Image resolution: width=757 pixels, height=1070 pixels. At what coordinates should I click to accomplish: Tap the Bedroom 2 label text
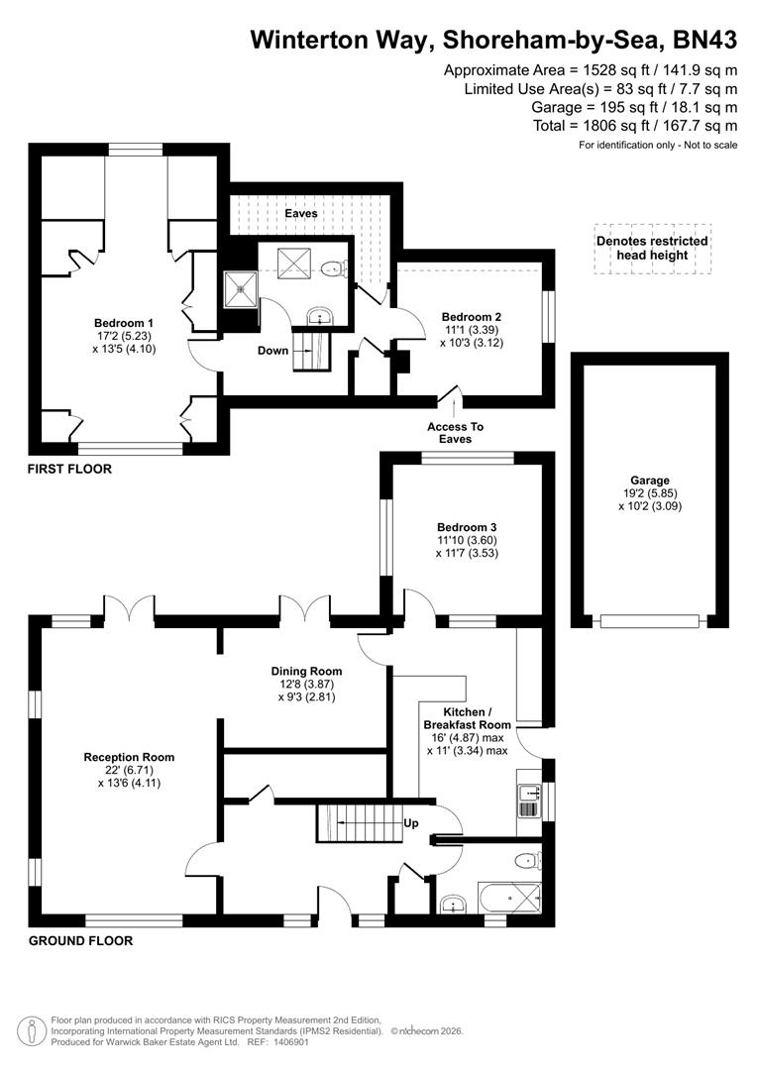click(465, 318)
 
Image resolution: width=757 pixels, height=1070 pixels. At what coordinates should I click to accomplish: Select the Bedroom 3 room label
click(466, 527)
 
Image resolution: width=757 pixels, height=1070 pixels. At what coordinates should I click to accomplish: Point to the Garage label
click(651, 481)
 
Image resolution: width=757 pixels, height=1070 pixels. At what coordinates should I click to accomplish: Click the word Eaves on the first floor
click(301, 213)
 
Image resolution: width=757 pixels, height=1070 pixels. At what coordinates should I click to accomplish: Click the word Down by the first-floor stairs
click(272, 351)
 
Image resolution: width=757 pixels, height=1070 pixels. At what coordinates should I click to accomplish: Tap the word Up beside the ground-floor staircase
click(410, 823)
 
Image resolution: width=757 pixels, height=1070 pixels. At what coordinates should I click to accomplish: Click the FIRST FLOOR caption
click(69, 469)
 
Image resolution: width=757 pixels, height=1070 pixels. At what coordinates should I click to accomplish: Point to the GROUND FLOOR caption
click(79, 940)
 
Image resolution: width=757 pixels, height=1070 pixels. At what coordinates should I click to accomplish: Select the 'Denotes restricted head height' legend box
click(652, 248)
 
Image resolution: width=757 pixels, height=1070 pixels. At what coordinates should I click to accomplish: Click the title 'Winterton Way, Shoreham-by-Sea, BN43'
click(493, 40)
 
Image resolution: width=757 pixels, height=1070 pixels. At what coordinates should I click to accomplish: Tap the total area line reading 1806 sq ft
click(634, 126)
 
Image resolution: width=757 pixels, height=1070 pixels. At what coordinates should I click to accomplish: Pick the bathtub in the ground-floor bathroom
click(510, 898)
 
